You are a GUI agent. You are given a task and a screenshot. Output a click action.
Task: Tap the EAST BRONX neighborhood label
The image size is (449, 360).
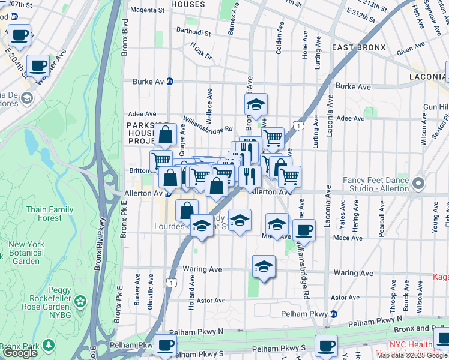[354, 47]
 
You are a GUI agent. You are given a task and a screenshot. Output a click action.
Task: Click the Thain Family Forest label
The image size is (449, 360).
[47, 214]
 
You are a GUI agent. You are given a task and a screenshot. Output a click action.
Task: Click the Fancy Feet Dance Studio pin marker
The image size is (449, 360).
[418, 183]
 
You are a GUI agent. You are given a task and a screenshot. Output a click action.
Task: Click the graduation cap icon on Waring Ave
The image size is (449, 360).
[263, 266]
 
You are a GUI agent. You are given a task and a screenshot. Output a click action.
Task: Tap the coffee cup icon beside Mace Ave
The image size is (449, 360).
[304, 230]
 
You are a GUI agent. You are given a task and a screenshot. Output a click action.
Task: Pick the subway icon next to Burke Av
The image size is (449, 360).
[170, 82]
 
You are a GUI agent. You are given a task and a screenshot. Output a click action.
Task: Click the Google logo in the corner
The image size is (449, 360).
[20, 353]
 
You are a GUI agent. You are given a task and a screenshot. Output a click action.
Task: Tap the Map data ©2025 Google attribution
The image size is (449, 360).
[412, 355]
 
